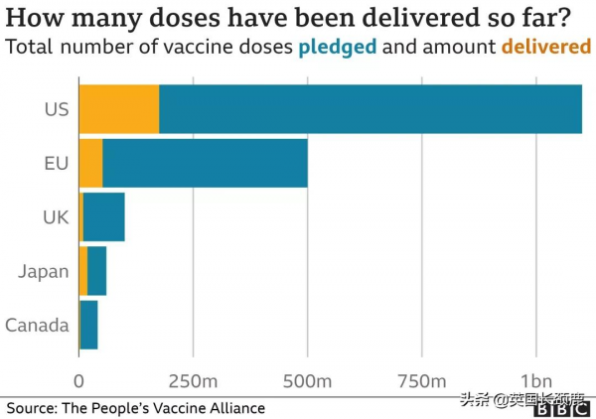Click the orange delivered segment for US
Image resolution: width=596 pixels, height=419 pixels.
pyautogui.click(x=118, y=109)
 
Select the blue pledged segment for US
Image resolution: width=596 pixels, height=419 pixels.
pyautogui.click(x=370, y=109)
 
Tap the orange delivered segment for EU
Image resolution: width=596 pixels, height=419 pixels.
pyautogui.click(x=90, y=163)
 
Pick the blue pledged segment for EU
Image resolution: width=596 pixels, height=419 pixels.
pyautogui.click(x=205, y=163)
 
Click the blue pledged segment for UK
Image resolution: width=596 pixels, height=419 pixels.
pyautogui.click(x=104, y=216)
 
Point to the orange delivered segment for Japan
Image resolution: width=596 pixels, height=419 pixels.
pyautogui.click(x=83, y=271)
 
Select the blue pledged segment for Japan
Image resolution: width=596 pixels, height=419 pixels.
pyautogui.click(x=97, y=271)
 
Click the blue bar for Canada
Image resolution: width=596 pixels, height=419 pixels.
pyautogui.click(x=88, y=325)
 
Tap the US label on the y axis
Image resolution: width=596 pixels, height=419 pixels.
pyautogui.click(x=56, y=109)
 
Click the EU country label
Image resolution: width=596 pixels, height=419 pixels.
pyautogui.click(x=56, y=163)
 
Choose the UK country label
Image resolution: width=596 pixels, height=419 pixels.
pyautogui.click(x=56, y=216)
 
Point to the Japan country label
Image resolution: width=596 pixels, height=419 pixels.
pyautogui.click(x=44, y=271)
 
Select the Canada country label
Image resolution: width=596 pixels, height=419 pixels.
pyautogui.click(x=37, y=325)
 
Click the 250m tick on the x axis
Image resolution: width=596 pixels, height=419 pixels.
pyautogui.click(x=194, y=380)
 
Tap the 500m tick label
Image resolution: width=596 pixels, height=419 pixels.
pyautogui.click(x=308, y=380)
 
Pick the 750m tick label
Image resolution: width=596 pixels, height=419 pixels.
pyautogui.click(x=422, y=380)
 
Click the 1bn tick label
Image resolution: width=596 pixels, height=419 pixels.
pyautogui.click(x=536, y=380)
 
